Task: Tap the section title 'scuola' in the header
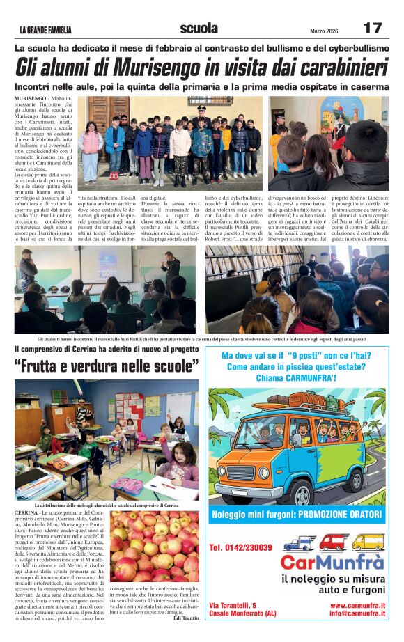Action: [199, 29]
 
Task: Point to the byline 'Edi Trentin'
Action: [186, 618]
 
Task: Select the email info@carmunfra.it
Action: [357, 614]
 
